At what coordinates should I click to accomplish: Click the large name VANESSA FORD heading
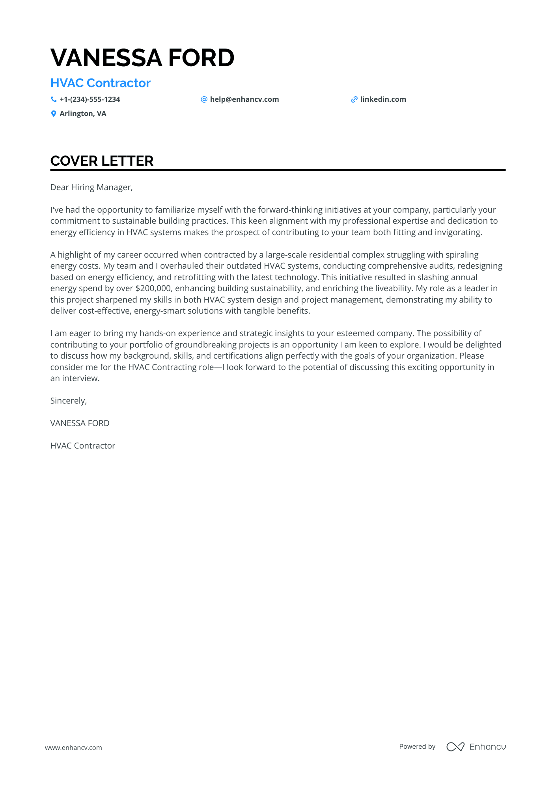click(x=142, y=58)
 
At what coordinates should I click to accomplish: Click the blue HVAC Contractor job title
click(x=101, y=83)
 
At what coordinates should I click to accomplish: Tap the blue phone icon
click(x=54, y=99)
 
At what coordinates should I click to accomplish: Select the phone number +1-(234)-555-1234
click(x=90, y=99)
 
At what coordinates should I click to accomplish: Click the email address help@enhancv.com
click(x=244, y=99)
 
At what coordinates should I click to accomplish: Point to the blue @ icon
click(x=204, y=99)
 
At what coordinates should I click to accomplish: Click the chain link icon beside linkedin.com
click(x=354, y=99)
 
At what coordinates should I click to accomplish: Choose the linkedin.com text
click(x=383, y=99)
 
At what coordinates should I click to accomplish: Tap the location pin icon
click(x=54, y=114)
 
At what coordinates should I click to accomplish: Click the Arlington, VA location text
click(x=83, y=114)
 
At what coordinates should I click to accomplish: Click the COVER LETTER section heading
click(x=102, y=161)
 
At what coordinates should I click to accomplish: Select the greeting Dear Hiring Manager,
click(x=91, y=187)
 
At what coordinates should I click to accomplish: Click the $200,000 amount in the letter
click(x=153, y=288)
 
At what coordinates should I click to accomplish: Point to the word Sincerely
click(x=68, y=401)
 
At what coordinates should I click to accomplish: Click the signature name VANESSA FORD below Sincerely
click(x=80, y=423)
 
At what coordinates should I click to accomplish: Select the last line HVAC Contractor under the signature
click(x=83, y=446)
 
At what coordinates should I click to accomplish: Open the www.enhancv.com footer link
click(x=73, y=748)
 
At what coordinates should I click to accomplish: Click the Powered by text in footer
click(x=417, y=746)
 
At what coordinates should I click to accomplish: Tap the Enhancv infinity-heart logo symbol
click(x=455, y=747)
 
